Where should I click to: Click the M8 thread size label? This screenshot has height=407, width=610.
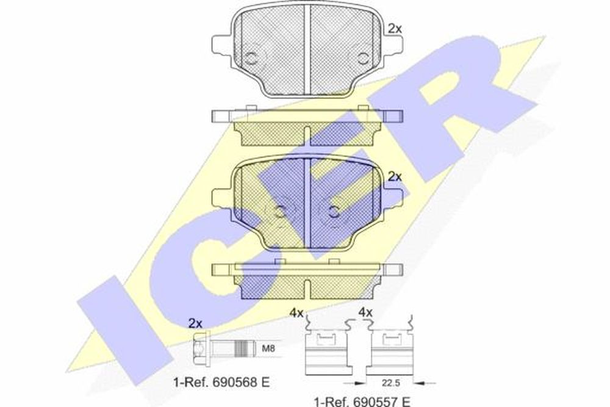click(x=268, y=348)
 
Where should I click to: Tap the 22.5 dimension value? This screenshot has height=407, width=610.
click(x=391, y=383)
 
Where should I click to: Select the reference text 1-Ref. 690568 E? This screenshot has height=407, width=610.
click(x=221, y=382)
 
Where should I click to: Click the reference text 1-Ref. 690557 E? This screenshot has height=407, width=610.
click(x=362, y=400)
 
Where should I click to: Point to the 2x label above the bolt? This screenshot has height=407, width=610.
click(x=196, y=323)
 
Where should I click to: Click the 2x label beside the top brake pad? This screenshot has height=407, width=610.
click(x=395, y=29)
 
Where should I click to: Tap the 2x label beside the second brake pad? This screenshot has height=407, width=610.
click(x=395, y=177)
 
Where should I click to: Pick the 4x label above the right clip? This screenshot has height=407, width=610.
click(x=365, y=312)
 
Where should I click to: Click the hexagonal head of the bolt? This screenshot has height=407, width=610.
click(x=201, y=348)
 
